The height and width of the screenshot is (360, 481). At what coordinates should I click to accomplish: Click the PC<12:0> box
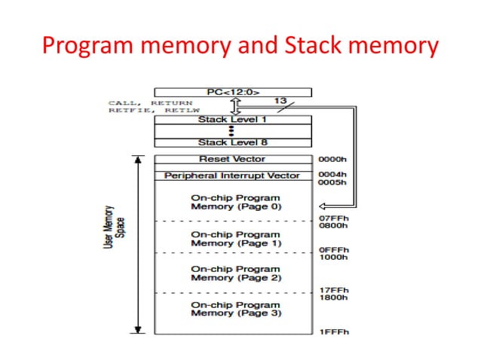pos(232,92)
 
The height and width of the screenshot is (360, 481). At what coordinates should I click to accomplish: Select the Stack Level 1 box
pos(232,119)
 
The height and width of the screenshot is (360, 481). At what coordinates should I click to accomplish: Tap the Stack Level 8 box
pos(232,142)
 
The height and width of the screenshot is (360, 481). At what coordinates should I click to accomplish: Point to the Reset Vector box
pos(232,159)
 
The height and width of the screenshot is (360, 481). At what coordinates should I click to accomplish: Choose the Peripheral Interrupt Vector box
pos(232,175)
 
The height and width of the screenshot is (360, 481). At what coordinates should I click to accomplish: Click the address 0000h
pos(332,160)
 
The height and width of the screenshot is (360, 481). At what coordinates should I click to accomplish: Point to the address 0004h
pos(332,175)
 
